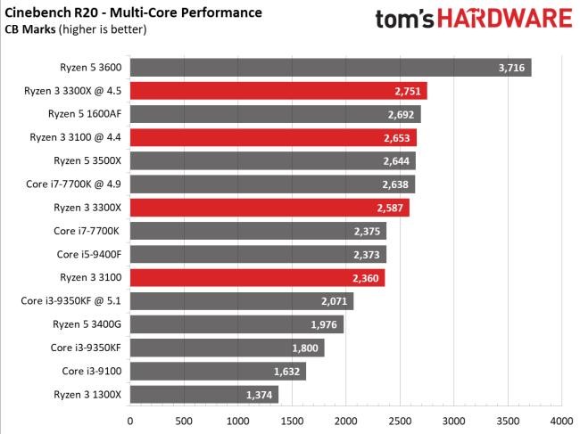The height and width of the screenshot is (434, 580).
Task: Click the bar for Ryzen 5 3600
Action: [330, 68]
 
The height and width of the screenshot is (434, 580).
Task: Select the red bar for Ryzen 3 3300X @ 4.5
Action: [278, 91]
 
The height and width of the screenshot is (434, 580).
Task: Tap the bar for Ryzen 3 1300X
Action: [204, 394]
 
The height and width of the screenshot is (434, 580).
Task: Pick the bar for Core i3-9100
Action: [218, 371]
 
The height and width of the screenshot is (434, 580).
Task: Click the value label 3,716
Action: [512, 68]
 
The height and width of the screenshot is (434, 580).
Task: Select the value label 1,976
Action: [325, 324]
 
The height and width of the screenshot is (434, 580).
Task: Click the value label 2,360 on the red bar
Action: [366, 278]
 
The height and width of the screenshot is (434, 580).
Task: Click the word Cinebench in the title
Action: [40, 12]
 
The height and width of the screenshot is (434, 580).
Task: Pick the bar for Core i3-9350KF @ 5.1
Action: [241, 301]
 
